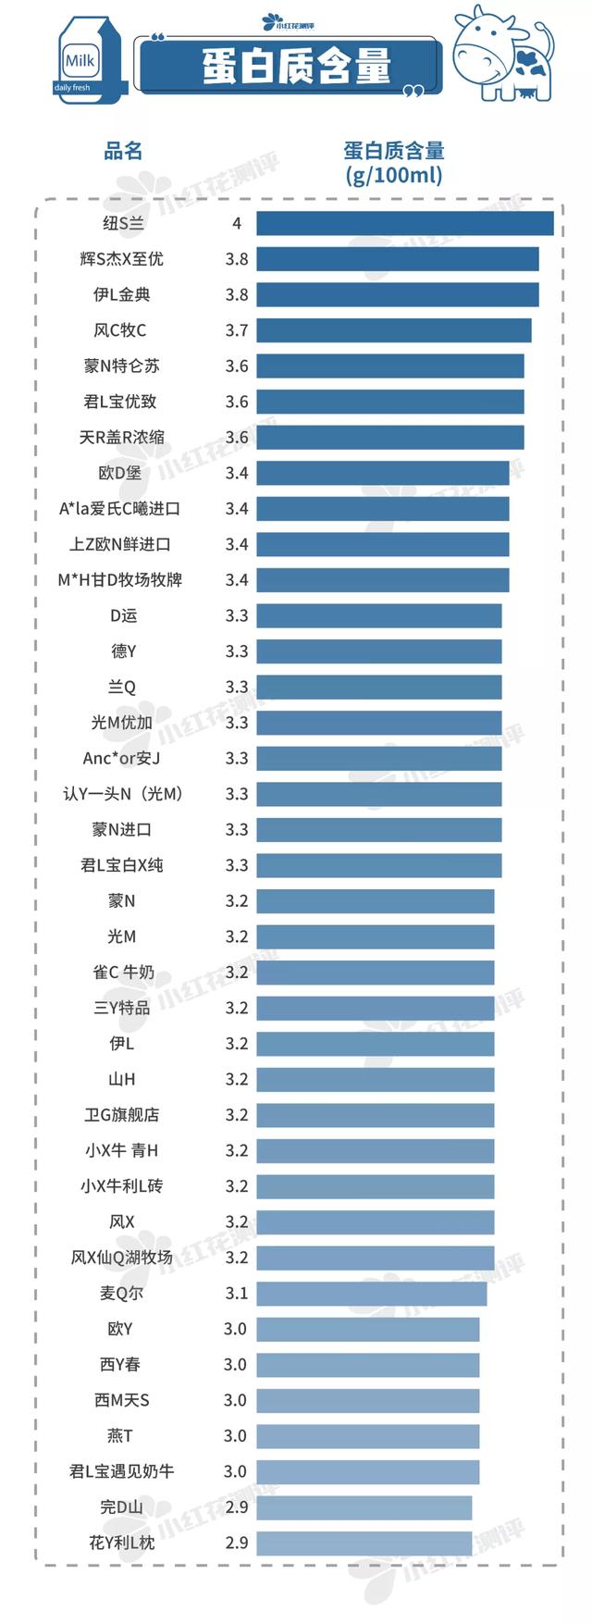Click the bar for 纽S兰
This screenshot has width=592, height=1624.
[x=404, y=224]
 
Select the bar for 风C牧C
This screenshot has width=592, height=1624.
[x=393, y=330]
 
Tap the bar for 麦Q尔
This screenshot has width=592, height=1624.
[x=371, y=1294]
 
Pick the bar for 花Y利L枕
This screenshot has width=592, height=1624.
[x=364, y=1543]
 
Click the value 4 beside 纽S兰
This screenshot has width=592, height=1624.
[x=237, y=224]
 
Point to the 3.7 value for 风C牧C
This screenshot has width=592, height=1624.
[x=237, y=330]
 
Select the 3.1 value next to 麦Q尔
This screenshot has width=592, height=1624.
[x=237, y=1294]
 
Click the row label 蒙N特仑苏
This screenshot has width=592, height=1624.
[x=122, y=366]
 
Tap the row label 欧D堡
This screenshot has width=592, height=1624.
[x=120, y=473]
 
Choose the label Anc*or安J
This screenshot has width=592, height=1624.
[x=122, y=759]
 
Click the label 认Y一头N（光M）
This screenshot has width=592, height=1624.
[x=122, y=794]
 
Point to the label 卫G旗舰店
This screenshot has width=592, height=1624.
[x=122, y=1115]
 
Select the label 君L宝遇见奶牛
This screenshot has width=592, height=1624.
[x=122, y=1471]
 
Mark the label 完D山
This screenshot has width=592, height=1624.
[x=122, y=1507]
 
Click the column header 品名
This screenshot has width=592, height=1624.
[x=123, y=151]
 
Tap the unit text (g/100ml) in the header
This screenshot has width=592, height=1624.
[x=394, y=175]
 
